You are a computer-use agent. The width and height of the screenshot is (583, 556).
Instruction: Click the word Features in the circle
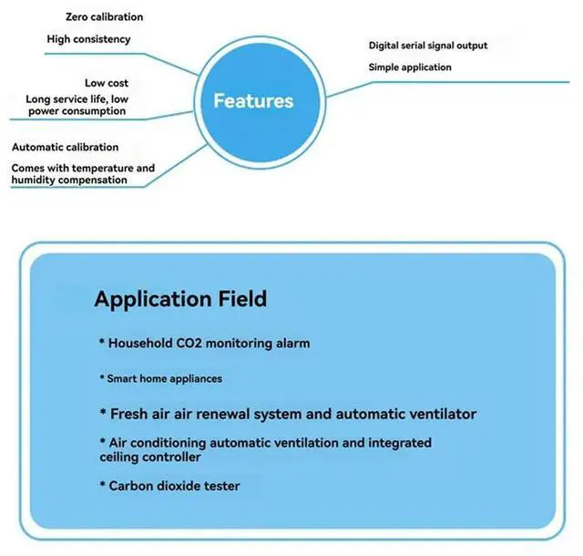tap(253, 100)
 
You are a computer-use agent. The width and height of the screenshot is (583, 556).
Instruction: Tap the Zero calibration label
tap(104, 16)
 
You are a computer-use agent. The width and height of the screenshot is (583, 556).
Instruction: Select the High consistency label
tap(88, 39)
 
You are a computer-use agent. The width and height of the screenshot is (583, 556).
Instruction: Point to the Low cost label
tap(107, 83)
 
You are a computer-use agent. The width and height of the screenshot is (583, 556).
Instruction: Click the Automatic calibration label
tap(65, 147)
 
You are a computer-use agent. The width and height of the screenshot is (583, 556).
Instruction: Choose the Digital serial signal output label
tap(427, 46)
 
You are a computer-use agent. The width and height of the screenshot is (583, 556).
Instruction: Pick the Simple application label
tap(409, 67)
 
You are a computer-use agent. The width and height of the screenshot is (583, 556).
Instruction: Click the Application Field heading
tap(180, 299)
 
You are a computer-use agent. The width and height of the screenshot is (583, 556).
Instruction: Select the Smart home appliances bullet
tap(160, 378)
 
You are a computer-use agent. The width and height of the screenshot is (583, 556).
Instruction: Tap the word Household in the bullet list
tap(137, 344)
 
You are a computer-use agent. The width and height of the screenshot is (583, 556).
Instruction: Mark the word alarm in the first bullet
tap(291, 344)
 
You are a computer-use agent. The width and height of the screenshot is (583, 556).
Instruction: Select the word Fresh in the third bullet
tap(128, 414)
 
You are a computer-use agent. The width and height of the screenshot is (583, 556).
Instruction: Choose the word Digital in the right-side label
tap(386, 46)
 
